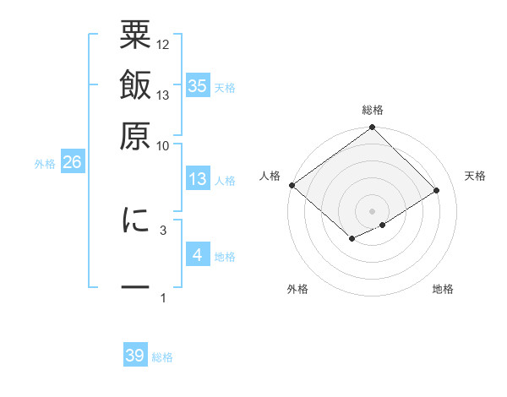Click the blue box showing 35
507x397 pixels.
[x=197, y=85]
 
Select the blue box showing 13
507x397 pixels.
[x=197, y=179]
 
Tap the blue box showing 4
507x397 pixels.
[x=197, y=255]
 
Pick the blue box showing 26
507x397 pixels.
[x=71, y=163]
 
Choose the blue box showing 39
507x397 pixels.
[x=135, y=356]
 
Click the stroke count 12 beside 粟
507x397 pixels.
[x=163, y=44]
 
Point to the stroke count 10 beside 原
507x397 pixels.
[x=163, y=145]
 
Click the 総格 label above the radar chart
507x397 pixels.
[x=373, y=110]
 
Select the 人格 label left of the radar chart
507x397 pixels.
[x=270, y=176]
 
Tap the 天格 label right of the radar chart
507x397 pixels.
[x=475, y=176]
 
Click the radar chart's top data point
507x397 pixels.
[x=373, y=128]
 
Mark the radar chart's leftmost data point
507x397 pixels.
[x=292, y=185]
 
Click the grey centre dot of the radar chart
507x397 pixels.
[x=372, y=210]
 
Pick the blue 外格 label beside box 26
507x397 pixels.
[x=45, y=164]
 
